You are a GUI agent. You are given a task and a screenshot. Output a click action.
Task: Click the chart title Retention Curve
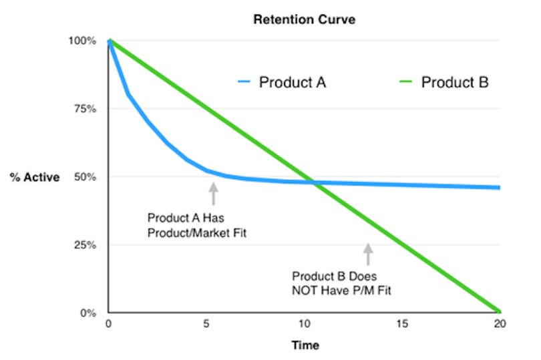(304, 19)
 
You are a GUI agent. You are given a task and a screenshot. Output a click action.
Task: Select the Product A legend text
(293, 83)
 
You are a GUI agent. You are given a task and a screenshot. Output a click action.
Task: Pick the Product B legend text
(454, 83)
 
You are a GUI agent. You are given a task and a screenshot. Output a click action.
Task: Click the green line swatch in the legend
(407, 83)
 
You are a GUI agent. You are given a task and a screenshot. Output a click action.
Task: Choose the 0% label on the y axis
(89, 313)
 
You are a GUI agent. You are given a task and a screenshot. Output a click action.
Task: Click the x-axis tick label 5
(206, 324)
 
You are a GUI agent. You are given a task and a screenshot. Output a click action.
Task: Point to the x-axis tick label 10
(304, 324)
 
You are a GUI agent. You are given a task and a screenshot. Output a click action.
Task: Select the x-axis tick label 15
(402, 324)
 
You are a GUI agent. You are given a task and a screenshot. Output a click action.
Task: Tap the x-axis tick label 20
(500, 324)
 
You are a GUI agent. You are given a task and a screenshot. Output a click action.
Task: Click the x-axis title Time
(305, 345)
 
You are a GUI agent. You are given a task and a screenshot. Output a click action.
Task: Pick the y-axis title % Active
(35, 178)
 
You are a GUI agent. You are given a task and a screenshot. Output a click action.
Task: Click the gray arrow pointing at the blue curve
(214, 193)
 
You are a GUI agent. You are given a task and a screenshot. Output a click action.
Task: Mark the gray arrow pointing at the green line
(367, 254)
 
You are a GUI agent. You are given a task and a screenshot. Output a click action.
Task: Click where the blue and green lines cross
(313, 182)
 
